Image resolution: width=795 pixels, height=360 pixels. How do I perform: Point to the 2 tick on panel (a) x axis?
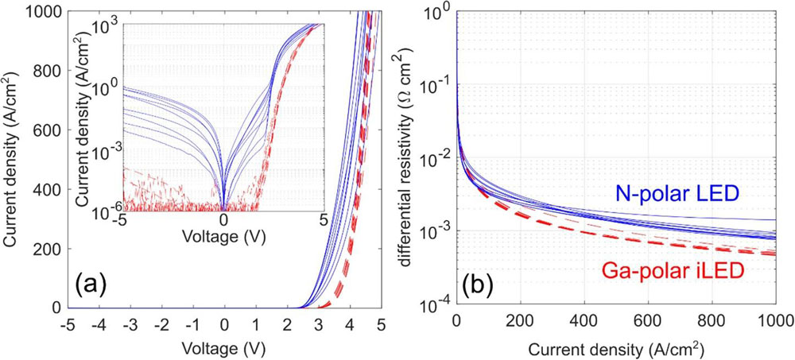[287, 324]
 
